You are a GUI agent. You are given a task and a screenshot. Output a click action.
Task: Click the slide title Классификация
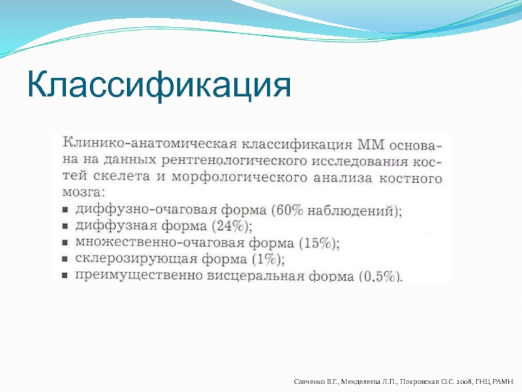[159, 85]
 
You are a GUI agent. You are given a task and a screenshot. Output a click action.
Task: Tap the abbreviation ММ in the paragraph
[371, 145]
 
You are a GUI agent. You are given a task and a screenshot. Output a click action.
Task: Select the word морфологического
[239, 177]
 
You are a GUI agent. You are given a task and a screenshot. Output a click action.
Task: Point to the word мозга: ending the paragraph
[84, 192]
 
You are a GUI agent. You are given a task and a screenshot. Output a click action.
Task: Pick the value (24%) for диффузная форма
[232, 226]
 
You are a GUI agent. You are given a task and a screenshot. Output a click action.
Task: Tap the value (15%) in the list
[319, 243]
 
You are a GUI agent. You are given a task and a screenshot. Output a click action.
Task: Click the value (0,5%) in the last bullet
[380, 276]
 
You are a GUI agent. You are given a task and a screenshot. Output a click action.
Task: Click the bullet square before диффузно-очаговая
[65, 210]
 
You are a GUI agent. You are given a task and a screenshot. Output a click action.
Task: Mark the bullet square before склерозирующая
[65, 259]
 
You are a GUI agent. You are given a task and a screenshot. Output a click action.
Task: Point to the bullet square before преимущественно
[65, 276]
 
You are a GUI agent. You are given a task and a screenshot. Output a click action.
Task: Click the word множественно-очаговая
[160, 242]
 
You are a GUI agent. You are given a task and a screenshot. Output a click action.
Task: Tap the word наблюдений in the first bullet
[350, 210]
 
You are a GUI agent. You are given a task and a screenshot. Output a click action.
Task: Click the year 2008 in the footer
[464, 382]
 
